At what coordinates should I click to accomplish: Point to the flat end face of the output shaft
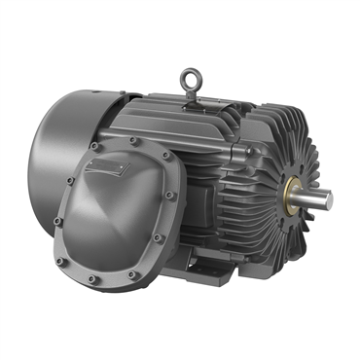[328, 199]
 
